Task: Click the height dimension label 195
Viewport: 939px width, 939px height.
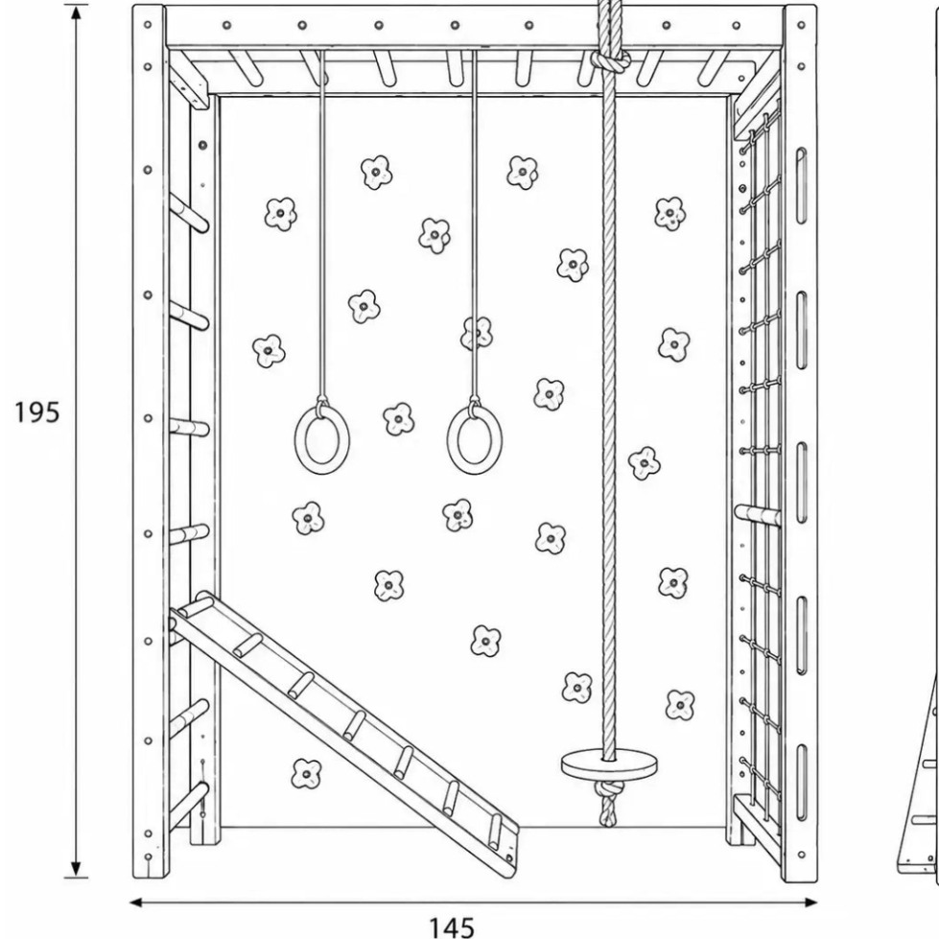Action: point(36,412)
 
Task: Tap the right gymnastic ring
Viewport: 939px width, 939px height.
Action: point(474,440)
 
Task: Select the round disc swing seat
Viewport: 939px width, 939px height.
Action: point(609,763)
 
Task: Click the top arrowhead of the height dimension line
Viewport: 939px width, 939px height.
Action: point(76,13)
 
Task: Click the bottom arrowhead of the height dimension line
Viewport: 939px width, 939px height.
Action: point(76,869)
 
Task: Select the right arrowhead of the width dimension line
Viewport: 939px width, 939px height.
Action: point(810,902)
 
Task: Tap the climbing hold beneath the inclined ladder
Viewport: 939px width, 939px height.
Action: point(306,774)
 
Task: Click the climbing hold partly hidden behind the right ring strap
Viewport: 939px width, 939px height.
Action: point(477,333)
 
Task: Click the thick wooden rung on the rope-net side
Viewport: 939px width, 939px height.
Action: point(758,515)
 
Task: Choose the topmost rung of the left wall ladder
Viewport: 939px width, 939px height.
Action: point(189,212)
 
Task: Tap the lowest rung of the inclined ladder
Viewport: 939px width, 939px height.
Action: point(495,833)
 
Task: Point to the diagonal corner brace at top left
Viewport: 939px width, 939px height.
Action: point(188,80)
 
